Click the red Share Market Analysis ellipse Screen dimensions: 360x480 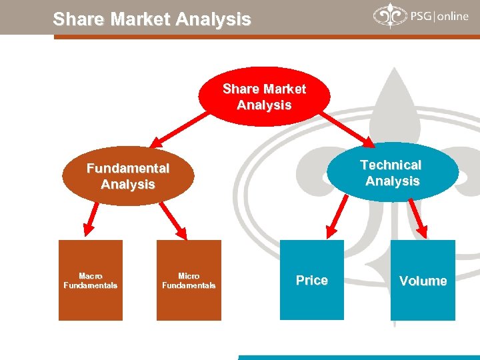264,97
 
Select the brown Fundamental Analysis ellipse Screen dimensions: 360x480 128,176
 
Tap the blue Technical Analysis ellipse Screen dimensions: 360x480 393,173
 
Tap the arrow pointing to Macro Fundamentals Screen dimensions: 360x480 91,219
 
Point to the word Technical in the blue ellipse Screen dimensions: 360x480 391,165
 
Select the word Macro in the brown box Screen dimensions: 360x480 91,275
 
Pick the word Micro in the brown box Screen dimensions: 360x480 189,275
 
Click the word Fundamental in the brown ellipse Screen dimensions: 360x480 128,169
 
